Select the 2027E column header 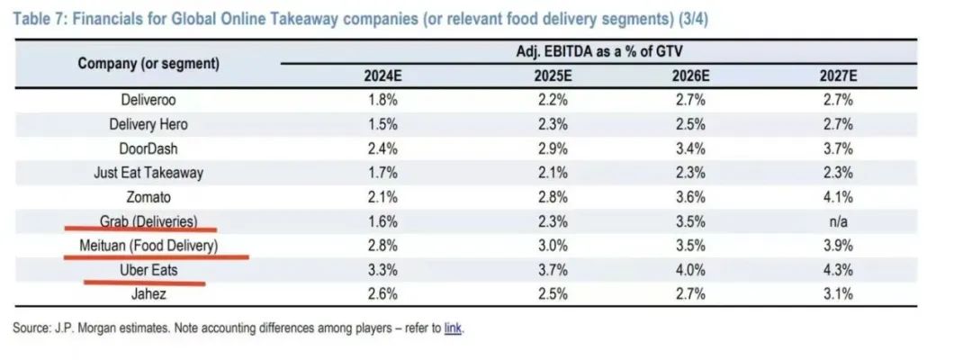(x=836, y=76)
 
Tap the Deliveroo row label (x=148, y=100)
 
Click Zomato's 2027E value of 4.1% (x=836, y=196)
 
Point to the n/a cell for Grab (x=836, y=220)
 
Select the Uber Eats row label (x=148, y=269)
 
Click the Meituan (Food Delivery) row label (x=148, y=245)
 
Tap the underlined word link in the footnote (x=453, y=328)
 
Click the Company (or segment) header (x=148, y=64)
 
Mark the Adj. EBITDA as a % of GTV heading (x=598, y=52)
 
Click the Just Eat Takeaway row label (x=148, y=173)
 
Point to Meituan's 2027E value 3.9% (x=836, y=245)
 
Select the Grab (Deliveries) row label (x=148, y=220)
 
